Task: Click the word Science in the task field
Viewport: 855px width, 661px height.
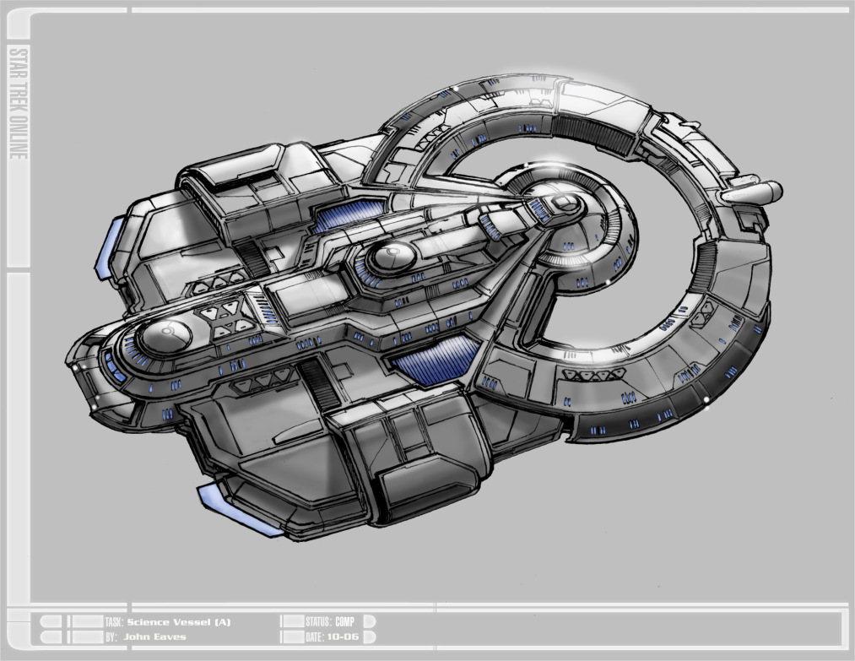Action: pos(149,622)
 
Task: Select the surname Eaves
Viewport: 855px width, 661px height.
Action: pos(170,637)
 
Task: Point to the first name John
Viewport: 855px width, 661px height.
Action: pos(137,637)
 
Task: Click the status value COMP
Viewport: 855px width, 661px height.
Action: pos(344,621)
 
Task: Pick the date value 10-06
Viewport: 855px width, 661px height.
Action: pos(344,637)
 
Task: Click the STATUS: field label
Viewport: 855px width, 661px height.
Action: pos(318,621)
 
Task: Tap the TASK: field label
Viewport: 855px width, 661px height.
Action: pos(115,622)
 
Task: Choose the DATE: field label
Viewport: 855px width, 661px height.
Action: pos(315,637)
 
